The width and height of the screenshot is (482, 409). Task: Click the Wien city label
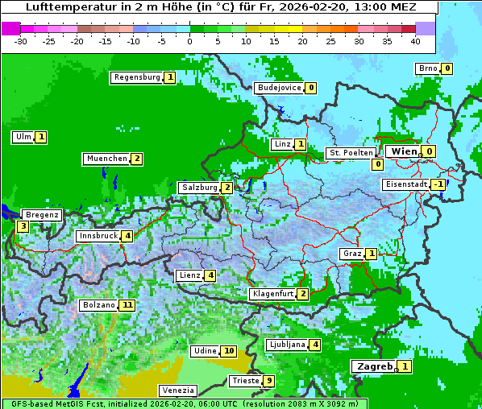coord(404,151)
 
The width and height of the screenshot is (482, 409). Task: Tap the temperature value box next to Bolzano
coord(127,306)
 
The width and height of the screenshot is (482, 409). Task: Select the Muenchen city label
coord(106,159)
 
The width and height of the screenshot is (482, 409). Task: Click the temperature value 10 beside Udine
coord(229,351)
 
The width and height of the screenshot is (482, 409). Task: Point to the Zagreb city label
coord(374,366)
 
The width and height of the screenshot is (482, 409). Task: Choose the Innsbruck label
coord(98,236)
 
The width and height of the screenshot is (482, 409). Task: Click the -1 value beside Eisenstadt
coord(438,184)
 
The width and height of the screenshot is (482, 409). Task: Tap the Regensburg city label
coord(136,77)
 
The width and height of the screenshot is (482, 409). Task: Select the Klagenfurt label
coord(272,294)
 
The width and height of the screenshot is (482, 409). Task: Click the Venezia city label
coord(177,390)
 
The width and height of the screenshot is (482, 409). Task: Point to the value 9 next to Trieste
coord(269,381)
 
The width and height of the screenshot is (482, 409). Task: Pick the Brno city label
coord(427,68)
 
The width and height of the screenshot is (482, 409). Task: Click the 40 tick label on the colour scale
coord(415,41)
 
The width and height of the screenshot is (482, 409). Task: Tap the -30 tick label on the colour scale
coord(21,41)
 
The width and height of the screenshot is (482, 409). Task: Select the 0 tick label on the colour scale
coord(189,41)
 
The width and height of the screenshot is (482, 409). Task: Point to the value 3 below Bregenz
coord(23,227)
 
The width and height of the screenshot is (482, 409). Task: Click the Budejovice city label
coord(279,88)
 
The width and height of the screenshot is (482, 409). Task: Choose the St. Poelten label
coord(351,153)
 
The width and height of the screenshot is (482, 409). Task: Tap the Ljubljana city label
coord(286,345)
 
